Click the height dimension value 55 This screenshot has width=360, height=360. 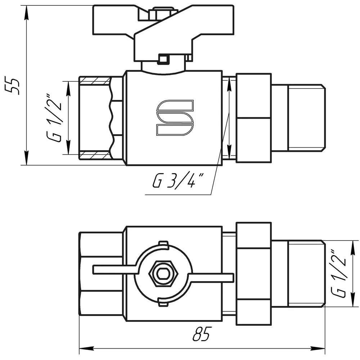[x=12, y=86]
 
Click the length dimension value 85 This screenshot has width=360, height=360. [x=201, y=334]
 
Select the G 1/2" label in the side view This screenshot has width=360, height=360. [x=54, y=118]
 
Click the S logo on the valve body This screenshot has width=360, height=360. [x=175, y=118]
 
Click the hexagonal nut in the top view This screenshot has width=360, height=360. [x=163, y=273]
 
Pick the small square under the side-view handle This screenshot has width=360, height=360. [x=163, y=59]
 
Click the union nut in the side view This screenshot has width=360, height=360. [x=254, y=118]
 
